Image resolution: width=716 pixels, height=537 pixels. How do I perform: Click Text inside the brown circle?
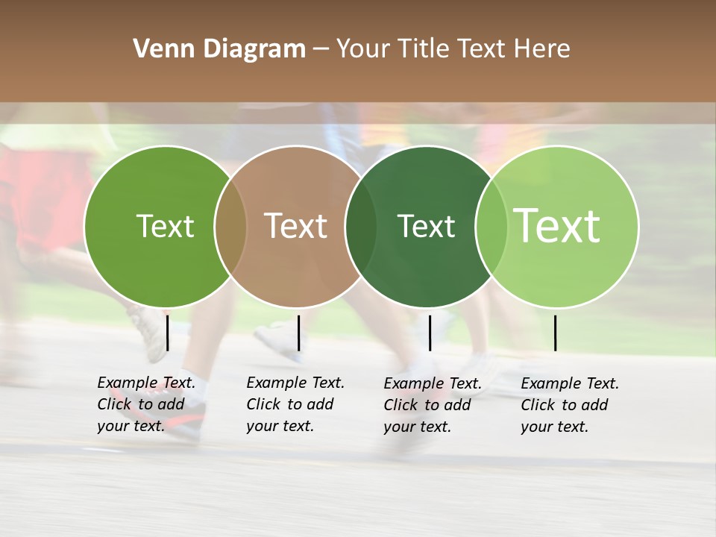(x=296, y=226)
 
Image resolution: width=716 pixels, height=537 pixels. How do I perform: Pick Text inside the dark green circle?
(x=426, y=226)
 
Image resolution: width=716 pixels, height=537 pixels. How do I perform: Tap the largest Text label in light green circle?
(x=557, y=226)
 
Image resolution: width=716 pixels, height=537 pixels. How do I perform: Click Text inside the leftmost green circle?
(x=165, y=226)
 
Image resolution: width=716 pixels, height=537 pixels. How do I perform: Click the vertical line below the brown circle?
(x=298, y=333)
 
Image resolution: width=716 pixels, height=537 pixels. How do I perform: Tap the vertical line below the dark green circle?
(x=430, y=333)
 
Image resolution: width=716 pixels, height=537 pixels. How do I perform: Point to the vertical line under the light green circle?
(x=555, y=333)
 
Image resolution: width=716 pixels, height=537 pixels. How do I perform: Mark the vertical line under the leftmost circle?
(x=167, y=333)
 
